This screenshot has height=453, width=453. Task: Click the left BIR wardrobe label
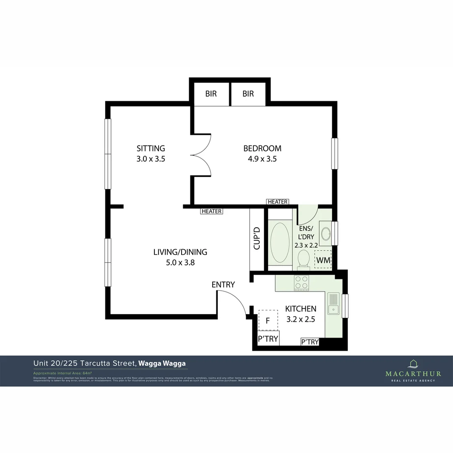(211, 94)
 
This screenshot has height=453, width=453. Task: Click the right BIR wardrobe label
(248, 94)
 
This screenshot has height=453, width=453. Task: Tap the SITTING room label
(151, 148)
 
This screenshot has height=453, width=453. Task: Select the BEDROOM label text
(262, 148)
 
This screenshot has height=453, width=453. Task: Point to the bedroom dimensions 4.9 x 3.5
(262, 159)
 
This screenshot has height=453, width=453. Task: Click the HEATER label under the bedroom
(277, 202)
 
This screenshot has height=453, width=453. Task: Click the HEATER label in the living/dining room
(211, 211)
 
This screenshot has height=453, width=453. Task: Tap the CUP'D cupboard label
(257, 238)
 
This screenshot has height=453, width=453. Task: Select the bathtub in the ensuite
(280, 242)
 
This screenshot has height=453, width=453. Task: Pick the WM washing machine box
(323, 260)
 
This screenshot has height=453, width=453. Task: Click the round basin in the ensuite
(325, 233)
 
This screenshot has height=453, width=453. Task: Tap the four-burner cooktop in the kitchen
(300, 283)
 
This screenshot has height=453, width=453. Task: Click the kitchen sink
(333, 304)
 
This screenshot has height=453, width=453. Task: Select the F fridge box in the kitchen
(268, 321)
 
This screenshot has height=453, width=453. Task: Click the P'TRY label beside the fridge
(268, 338)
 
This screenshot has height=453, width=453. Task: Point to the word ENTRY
(223, 284)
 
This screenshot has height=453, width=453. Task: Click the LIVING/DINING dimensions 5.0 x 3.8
(180, 263)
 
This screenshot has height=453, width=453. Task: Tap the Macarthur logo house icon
(413, 364)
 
